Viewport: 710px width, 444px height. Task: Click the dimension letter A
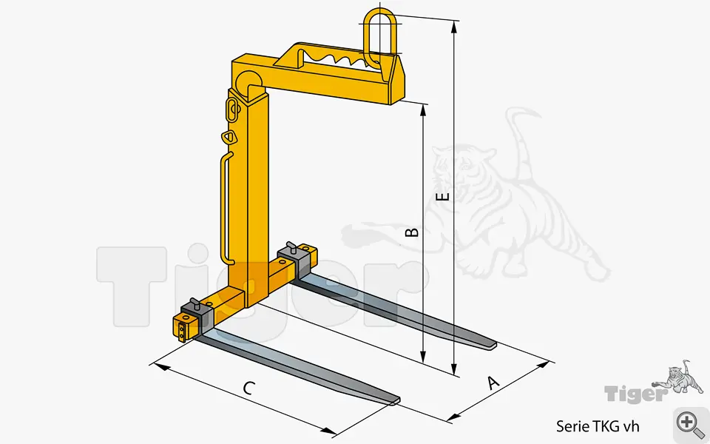[493, 383]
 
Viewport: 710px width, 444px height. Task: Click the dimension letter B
[412, 232]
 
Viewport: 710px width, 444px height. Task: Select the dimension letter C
[248, 388]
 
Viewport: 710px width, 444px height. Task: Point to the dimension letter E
[442, 195]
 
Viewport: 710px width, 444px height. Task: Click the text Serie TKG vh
[598, 426]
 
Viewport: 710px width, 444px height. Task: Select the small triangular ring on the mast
[229, 136]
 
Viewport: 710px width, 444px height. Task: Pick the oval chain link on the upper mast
[231, 110]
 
